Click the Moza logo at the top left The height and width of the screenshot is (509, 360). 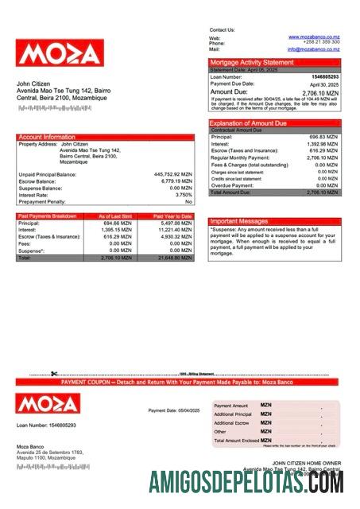click(60, 53)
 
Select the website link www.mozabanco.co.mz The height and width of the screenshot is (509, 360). click(315, 37)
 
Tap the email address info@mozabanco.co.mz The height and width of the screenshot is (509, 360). click(313, 49)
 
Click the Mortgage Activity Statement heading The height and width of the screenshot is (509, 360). click(251, 62)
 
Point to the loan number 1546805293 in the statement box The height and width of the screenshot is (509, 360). click(324, 76)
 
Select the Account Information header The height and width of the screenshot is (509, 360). click(47, 138)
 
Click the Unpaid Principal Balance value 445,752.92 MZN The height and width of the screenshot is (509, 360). click(172, 173)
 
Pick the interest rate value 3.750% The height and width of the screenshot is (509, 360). click(184, 194)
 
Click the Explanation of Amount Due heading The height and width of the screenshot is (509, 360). click(248, 123)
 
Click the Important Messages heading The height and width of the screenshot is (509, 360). click(238, 221)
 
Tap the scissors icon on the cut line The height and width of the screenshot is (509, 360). click(54, 374)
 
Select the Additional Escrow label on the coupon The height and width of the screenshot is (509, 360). click(232, 423)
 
